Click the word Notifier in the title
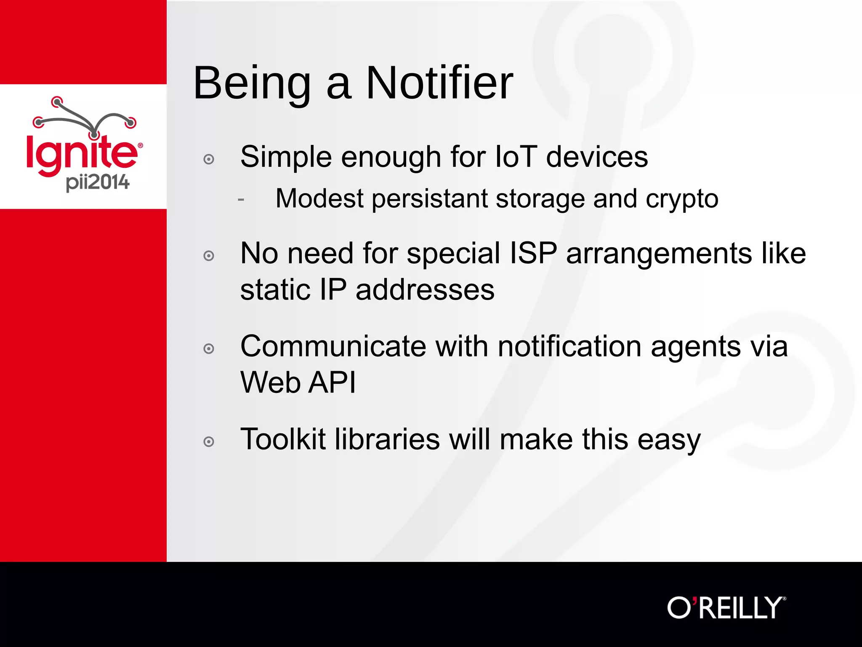point(439,83)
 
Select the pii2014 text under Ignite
point(98,182)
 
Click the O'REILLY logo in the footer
point(726,607)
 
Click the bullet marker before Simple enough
point(209,159)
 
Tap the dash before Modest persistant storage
point(241,199)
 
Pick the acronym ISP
point(533,253)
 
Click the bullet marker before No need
point(209,256)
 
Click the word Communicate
point(333,346)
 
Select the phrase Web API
point(298,382)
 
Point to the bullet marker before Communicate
point(209,349)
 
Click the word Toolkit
point(283,439)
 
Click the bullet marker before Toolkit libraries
point(209,442)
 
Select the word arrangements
point(659,254)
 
